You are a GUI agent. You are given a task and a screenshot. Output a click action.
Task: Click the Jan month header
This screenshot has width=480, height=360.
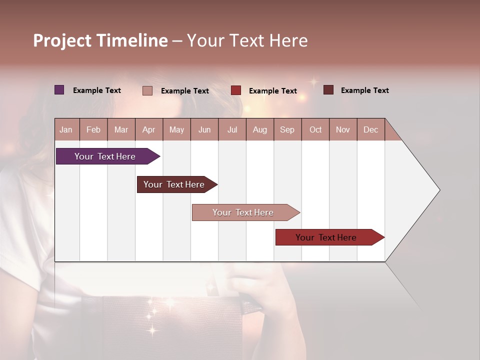(66, 129)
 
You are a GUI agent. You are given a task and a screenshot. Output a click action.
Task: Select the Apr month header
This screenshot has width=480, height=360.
(148, 129)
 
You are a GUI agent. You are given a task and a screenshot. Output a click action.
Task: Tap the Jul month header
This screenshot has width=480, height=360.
(232, 129)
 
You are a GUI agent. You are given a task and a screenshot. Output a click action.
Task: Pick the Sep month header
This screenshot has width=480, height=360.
(287, 129)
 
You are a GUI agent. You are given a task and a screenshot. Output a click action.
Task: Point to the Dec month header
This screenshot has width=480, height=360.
(370, 129)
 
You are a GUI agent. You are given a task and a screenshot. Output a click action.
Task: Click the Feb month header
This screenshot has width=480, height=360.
(93, 129)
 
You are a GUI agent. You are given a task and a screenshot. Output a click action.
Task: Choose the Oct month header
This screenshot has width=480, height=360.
(315, 129)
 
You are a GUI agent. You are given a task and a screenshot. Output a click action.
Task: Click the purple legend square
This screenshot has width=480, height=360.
(59, 90)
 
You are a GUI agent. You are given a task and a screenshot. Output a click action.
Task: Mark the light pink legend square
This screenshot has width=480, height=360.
(147, 90)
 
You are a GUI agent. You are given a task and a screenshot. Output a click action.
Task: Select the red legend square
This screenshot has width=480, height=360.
(236, 90)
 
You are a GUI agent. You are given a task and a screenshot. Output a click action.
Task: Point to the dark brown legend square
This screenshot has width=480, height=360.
(328, 90)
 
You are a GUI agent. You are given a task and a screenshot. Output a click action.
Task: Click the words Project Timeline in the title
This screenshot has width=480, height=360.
(100, 40)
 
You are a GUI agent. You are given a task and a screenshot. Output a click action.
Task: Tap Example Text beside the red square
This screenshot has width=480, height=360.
(272, 91)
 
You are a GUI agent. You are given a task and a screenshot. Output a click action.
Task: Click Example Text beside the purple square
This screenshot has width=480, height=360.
(96, 90)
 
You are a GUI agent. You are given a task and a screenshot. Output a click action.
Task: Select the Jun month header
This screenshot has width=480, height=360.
(204, 129)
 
